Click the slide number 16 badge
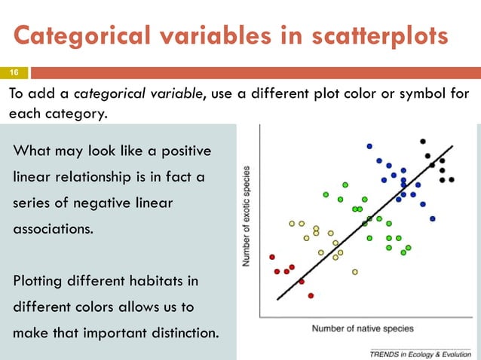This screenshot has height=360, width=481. click(x=14, y=73)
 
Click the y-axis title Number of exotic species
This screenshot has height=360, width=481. click(x=247, y=215)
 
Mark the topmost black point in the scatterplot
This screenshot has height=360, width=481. click(x=423, y=141)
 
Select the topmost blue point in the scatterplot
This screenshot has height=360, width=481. click(x=369, y=146)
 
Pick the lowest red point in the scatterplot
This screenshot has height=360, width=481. click(x=311, y=295)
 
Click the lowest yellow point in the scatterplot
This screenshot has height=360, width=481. click(x=354, y=271)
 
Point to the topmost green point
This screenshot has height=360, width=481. click(x=345, y=184)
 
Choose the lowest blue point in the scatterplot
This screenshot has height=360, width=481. click(x=433, y=218)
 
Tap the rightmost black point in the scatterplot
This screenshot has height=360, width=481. click(x=452, y=180)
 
